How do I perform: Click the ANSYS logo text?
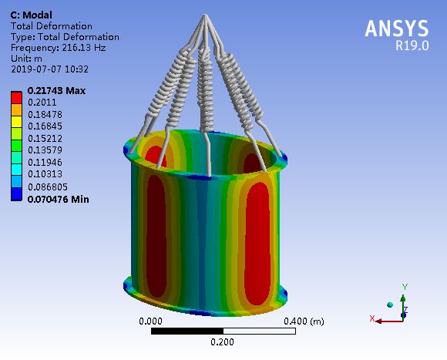click(x=397, y=29)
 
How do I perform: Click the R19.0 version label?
click(x=412, y=45)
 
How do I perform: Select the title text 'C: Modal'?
click(x=31, y=15)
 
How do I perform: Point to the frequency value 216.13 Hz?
click(x=84, y=48)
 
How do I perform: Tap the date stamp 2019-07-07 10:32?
click(x=49, y=69)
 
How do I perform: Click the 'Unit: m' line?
click(x=26, y=59)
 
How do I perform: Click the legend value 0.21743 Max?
click(x=56, y=91)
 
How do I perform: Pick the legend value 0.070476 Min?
click(x=58, y=199)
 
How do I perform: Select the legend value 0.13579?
click(x=45, y=150)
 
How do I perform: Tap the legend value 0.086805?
click(x=48, y=187)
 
